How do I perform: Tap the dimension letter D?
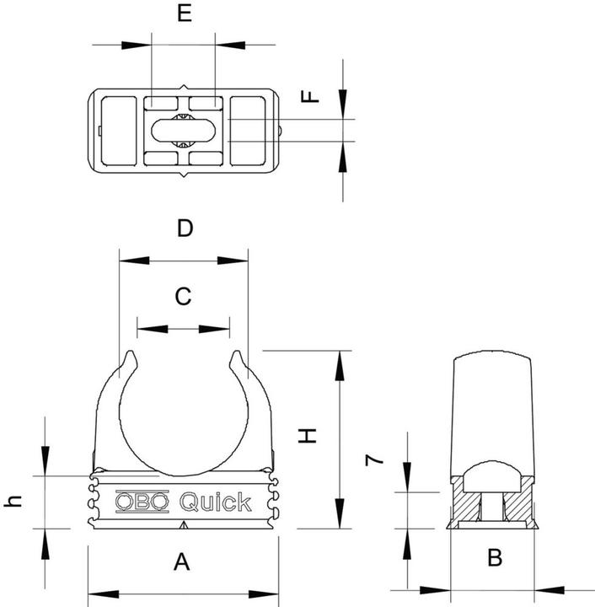click(185, 228)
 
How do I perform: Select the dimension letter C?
click(183, 296)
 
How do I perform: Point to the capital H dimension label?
click(309, 435)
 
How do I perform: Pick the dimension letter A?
click(180, 561)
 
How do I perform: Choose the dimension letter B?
click(495, 557)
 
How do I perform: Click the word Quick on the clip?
click(215, 502)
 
